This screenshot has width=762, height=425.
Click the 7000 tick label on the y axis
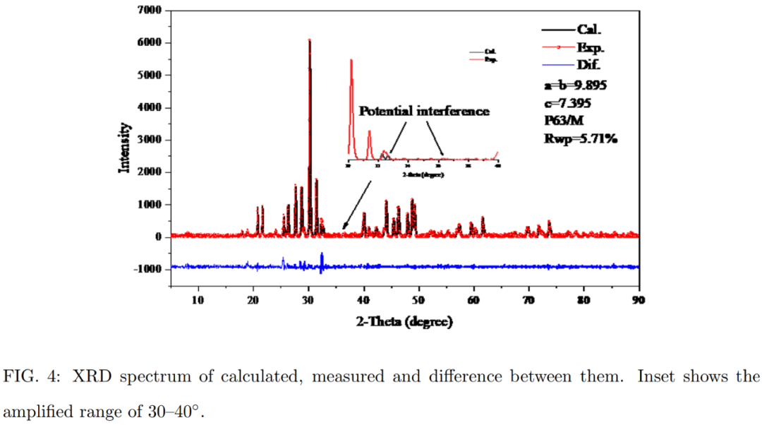[x=150, y=11]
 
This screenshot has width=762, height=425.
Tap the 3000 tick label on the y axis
[x=150, y=140]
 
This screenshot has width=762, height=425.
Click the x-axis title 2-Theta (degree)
[x=404, y=322]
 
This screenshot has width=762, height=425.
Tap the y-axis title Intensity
[x=124, y=148]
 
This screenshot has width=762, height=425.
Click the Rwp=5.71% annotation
[x=581, y=138]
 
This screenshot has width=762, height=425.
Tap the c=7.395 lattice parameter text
[x=567, y=103]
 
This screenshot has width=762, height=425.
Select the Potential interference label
[x=424, y=112]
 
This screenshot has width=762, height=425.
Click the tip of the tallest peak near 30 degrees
[x=309, y=40]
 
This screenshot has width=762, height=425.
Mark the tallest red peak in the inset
[x=351, y=61]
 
